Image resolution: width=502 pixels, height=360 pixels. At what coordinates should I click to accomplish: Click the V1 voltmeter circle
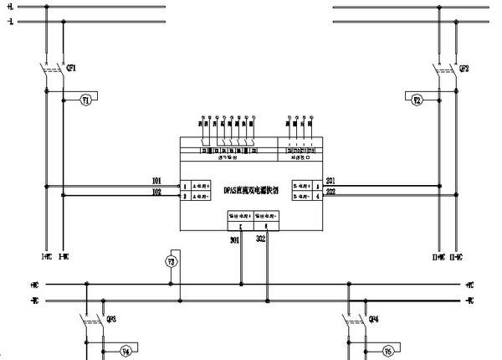pyautogui.click(x=85, y=100)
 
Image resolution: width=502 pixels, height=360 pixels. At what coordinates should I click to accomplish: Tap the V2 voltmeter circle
pyautogui.click(x=417, y=100)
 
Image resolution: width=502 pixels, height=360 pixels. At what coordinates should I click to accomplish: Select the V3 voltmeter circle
pyautogui.click(x=171, y=261)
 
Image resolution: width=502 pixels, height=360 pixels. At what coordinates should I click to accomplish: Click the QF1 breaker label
pyautogui.click(x=72, y=69)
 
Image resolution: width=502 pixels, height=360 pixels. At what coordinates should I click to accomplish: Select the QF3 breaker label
pyautogui.click(x=111, y=319)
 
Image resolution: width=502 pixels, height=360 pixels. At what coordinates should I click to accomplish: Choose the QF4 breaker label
pyautogui.click(x=374, y=319)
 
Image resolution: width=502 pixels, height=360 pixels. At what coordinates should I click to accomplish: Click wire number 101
pyautogui.click(x=156, y=181)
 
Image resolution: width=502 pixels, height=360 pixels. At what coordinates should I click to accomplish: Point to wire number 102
pyautogui.click(x=156, y=193)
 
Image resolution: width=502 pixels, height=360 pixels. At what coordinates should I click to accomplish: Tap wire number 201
pyautogui.click(x=330, y=181)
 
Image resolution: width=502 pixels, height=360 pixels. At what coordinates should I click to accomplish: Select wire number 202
pyautogui.click(x=330, y=193)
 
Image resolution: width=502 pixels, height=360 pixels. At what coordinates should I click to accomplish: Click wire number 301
pyautogui.click(x=235, y=240)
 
